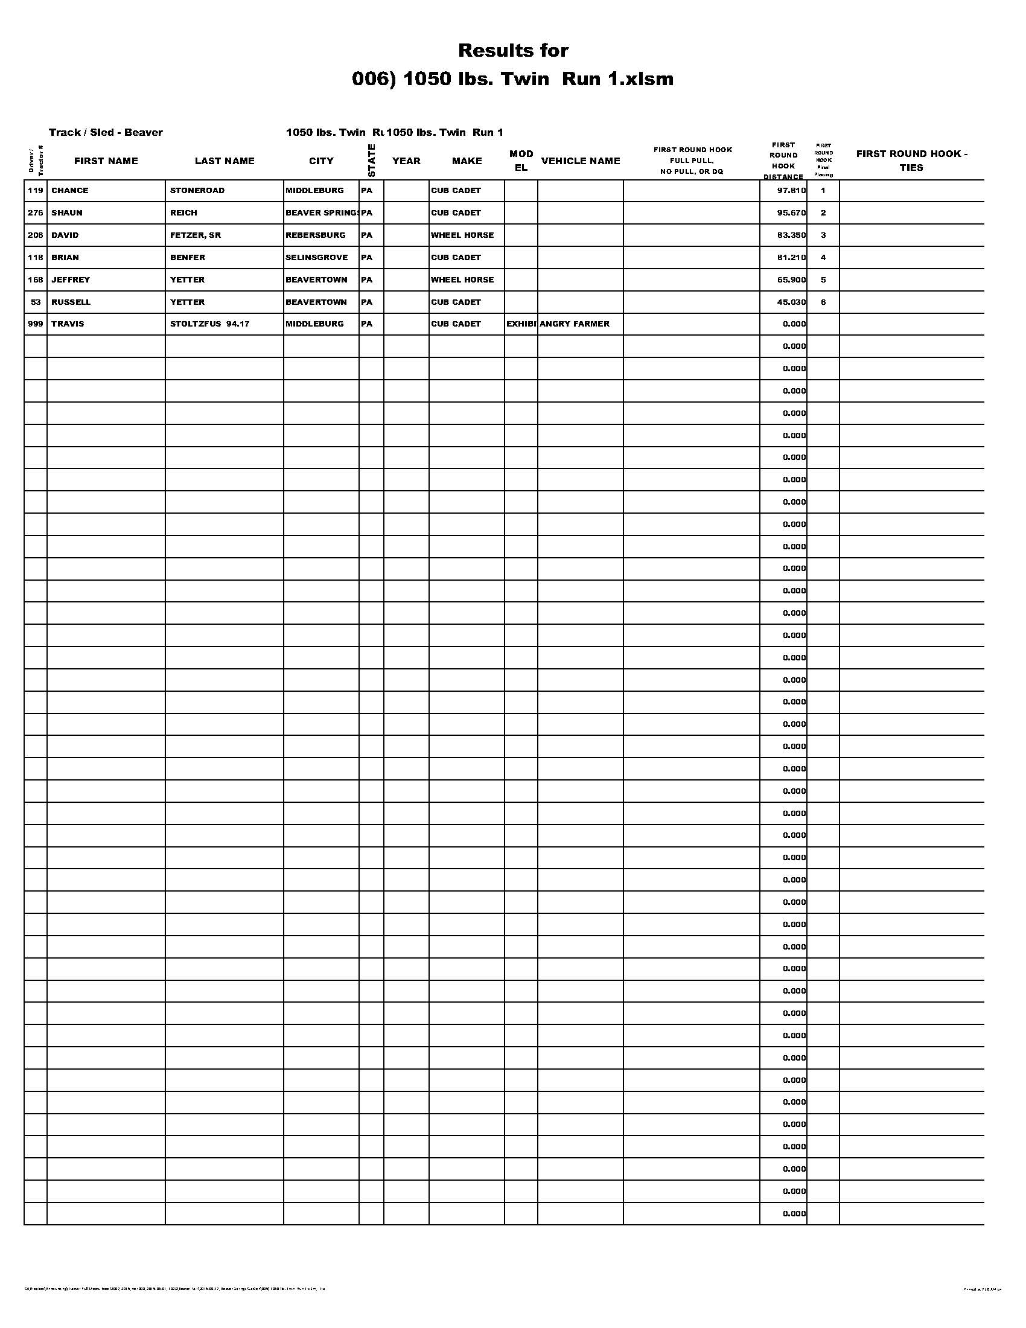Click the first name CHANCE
[70, 190]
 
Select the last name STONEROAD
[197, 190]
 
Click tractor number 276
[35, 213]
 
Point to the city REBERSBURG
[316, 235]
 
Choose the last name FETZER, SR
[195, 235]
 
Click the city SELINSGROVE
[317, 257]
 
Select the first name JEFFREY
[71, 279]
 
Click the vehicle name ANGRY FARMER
[575, 324]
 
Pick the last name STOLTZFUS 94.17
[209, 324]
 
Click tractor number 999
[35, 324]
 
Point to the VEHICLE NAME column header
[581, 161]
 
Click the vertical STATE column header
[371, 161]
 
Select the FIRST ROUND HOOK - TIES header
[911, 161]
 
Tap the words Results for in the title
[513, 50]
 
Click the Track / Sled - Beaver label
[106, 133]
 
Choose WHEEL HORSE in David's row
[462, 235]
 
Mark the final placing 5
[823, 279]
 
